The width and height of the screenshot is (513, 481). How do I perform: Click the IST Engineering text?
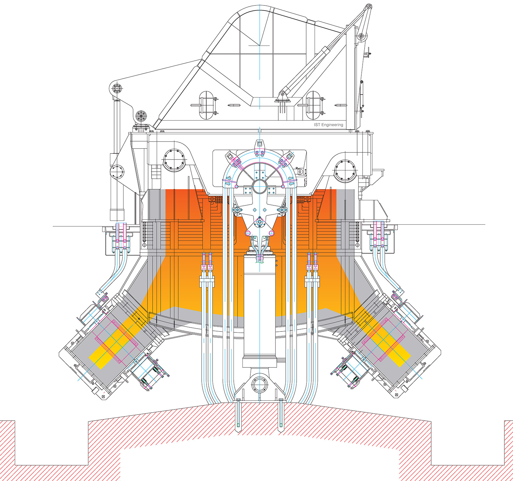coord(328,125)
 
